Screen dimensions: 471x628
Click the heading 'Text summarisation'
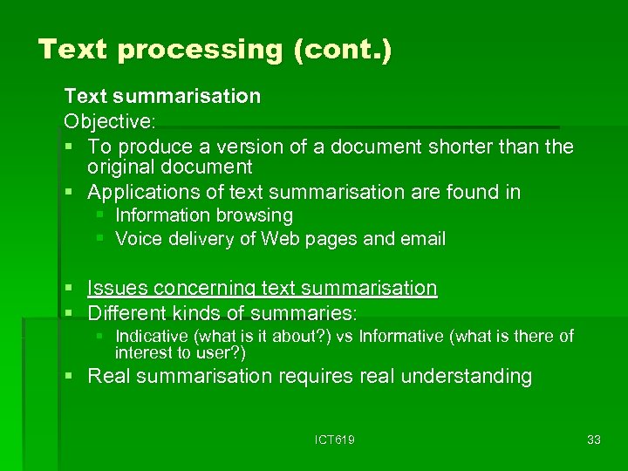(162, 95)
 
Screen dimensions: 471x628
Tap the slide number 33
(594, 440)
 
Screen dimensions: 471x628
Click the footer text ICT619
(335, 440)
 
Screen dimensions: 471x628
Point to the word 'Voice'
(138, 239)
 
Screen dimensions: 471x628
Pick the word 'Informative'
(400, 336)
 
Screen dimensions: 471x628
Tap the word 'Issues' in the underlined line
(117, 288)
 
